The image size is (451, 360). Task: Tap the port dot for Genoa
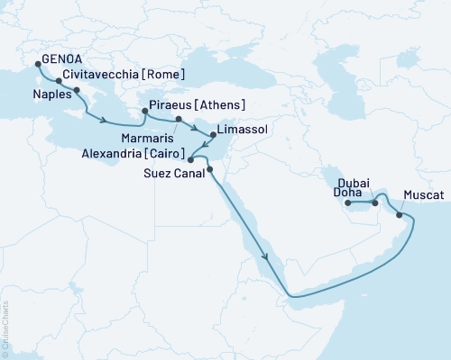click(x=38, y=63)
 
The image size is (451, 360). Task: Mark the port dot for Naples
click(x=77, y=91)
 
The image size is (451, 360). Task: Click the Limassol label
click(x=244, y=130)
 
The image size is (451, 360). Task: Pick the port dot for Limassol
click(x=213, y=135)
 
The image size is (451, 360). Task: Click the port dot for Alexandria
click(x=189, y=162)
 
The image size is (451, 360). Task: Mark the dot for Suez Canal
click(x=209, y=169)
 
